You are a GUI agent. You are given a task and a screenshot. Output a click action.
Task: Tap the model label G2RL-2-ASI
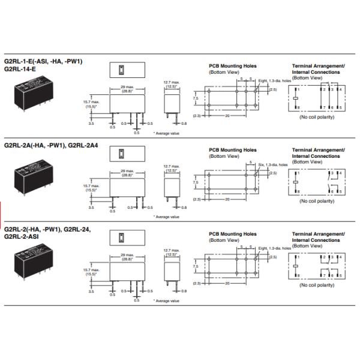click(22, 235)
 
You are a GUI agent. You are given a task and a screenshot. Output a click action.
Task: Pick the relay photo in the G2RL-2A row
click(35, 178)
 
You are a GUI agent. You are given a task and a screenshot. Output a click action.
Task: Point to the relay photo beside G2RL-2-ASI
click(35, 262)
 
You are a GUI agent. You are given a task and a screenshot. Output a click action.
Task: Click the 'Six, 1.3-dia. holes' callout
click(269, 164)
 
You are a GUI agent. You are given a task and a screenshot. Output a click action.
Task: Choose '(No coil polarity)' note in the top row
click(317, 117)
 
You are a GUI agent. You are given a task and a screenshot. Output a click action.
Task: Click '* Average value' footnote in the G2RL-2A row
click(166, 215)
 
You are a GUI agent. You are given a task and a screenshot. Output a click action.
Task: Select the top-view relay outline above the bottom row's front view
click(127, 236)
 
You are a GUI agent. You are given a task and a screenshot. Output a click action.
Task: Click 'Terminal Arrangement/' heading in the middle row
click(318, 148)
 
